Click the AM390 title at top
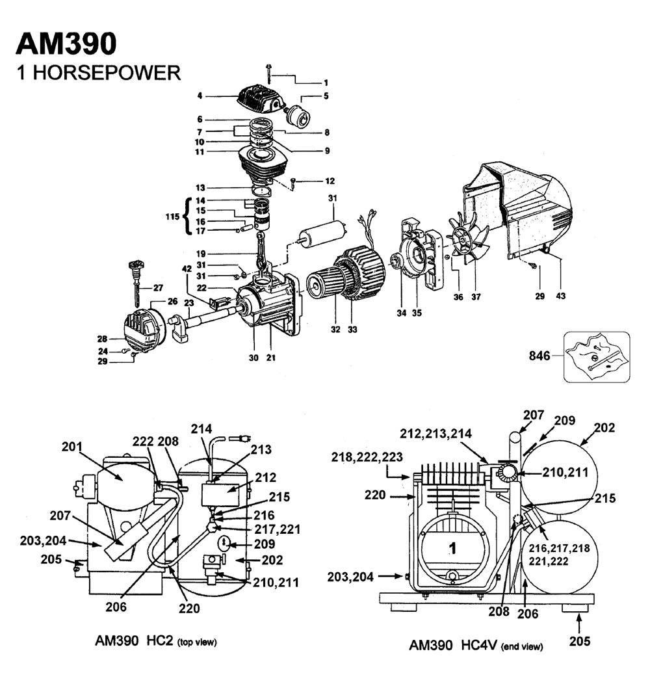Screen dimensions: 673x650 [x=66, y=44]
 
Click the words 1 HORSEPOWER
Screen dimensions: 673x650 [x=97, y=72]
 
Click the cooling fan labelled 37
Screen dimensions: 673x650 [x=467, y=242]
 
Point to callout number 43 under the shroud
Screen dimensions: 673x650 [x=560, y=296]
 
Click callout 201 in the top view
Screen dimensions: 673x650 [x=73, y=447]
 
